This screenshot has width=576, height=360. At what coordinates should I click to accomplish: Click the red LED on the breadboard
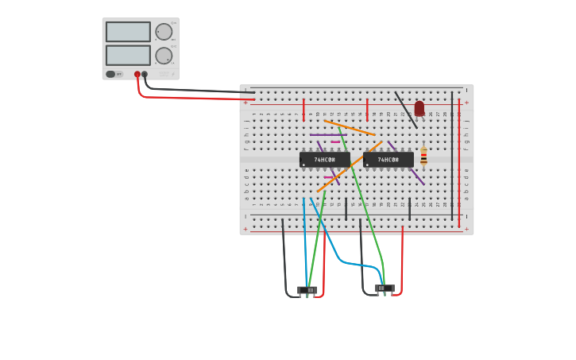click(419, 108)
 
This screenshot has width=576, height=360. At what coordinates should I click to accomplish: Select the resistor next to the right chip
click(423, 156)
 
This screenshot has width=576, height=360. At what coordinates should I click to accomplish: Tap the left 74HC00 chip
click(324, 160)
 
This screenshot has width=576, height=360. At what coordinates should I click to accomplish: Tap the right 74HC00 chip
click(388, 160)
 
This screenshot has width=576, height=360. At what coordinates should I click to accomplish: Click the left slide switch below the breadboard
click(307, 290)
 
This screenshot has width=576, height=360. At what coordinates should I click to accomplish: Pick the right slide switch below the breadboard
click(385, 288)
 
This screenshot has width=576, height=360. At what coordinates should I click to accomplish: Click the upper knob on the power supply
click(164, 32)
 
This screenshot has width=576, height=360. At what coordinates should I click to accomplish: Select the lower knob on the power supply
click(164, 56)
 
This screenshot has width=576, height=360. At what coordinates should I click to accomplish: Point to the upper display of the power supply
click(128, 32)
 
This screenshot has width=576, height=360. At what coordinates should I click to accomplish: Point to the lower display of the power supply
click(128, 56)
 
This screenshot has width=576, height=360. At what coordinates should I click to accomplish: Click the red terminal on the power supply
click(137, 75)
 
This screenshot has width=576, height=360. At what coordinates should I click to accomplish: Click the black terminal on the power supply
click(145, 75)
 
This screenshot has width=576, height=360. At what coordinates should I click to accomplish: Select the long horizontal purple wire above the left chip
click(327, 135)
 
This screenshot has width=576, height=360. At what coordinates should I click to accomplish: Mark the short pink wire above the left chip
click(335, 142)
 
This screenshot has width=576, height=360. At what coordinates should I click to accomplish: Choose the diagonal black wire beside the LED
click(405, 109)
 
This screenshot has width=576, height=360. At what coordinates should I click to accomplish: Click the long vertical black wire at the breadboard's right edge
click(452, 155)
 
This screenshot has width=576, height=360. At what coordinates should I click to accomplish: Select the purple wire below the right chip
click(417, 176)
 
